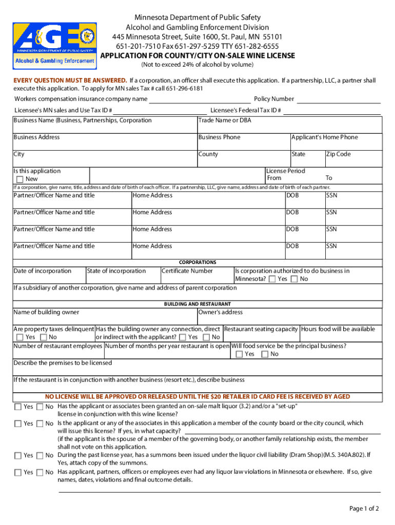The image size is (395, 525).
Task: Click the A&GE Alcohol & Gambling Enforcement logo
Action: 55,46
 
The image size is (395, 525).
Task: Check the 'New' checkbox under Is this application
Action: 20,179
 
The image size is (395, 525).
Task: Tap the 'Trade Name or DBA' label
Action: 225,120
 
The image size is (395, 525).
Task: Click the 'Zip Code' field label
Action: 339,154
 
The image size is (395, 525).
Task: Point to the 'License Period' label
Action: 286,171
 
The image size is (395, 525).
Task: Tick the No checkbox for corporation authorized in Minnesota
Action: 294,279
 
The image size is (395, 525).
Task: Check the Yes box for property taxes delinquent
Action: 19,337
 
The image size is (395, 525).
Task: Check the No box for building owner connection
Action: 206,337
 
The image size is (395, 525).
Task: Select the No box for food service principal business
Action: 264,354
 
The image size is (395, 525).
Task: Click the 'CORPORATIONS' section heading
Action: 197,262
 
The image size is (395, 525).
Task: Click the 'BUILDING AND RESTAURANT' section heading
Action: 197,304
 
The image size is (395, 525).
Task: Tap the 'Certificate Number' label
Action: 187,271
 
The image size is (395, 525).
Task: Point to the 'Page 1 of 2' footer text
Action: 364,509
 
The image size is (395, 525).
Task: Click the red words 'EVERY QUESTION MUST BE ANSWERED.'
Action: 70,81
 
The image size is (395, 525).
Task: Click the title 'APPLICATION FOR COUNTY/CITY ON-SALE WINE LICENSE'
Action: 197,56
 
